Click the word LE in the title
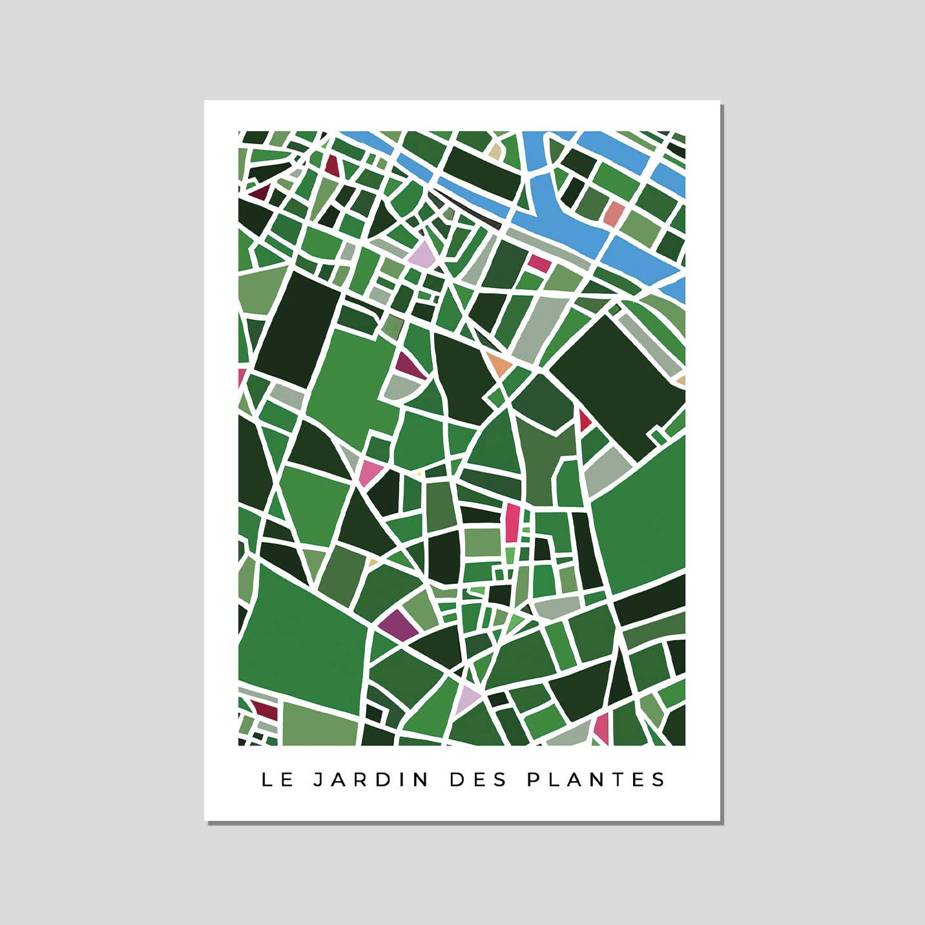(277, 780)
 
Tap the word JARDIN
(371, 780)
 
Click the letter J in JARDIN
(318, 780)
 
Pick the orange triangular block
(498, 364)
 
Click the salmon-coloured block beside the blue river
(614, 213)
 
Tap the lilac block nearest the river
(423, 255)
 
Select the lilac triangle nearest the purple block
(467, 698)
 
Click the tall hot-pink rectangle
(512, 523)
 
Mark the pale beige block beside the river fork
(495, 152)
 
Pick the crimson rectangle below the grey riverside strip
(539, 263)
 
